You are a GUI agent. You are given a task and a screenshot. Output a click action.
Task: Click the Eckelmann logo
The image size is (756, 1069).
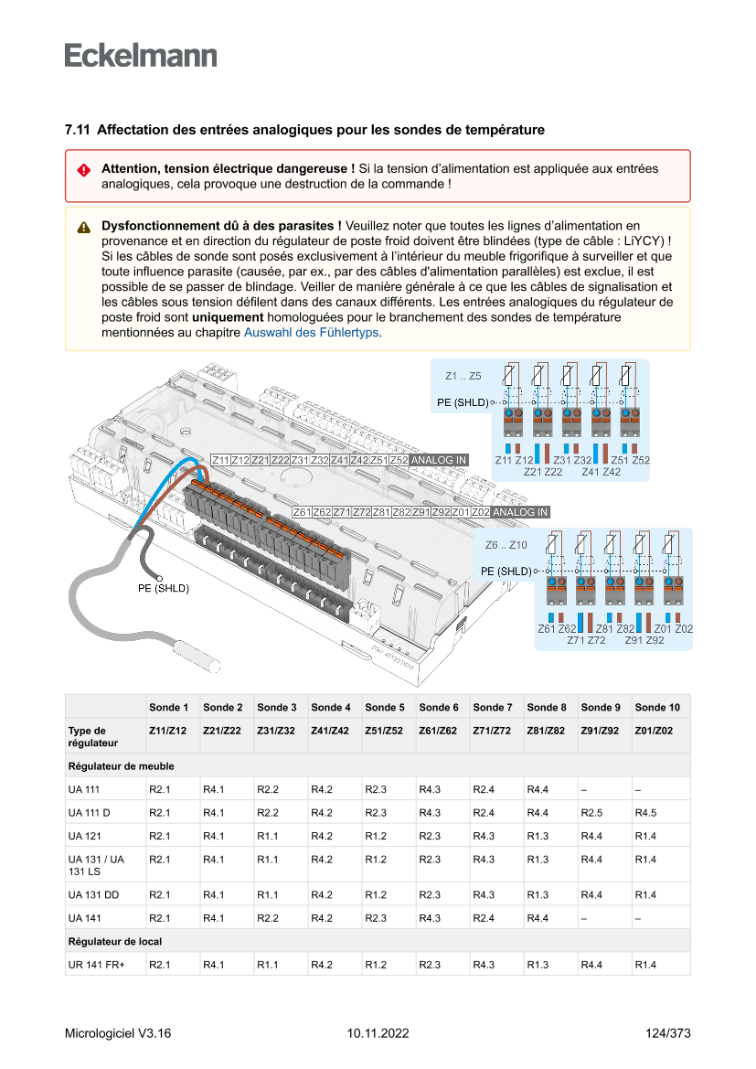click(x=141, y=55)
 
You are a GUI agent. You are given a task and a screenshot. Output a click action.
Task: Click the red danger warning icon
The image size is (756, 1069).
click(x=83, y=170)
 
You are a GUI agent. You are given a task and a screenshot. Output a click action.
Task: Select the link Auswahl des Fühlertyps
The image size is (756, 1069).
click(x=311, y=333)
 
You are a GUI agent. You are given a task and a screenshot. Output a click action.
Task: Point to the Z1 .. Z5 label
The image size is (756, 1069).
click(x=463, y=376)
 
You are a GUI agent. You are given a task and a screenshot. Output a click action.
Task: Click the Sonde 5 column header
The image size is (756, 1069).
click(x=384, y=707)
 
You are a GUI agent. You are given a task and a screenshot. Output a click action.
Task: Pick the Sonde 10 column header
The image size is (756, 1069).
click(x=656, y=707)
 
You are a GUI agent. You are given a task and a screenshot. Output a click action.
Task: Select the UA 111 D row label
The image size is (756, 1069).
click(x=89, y=812)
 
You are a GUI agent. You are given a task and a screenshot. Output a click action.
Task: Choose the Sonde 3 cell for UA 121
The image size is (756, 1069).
click(x=267, y=836)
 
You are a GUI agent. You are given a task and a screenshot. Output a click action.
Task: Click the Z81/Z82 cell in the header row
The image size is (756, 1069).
click(x=547, y=731)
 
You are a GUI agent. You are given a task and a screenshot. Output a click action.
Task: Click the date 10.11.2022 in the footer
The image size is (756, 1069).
click(x=378, y=1033)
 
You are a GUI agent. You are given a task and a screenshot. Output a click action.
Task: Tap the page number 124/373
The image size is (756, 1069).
click(x=667, y=1033)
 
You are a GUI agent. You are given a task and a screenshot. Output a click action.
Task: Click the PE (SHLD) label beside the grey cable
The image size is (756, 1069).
click(x=164, y=589)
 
